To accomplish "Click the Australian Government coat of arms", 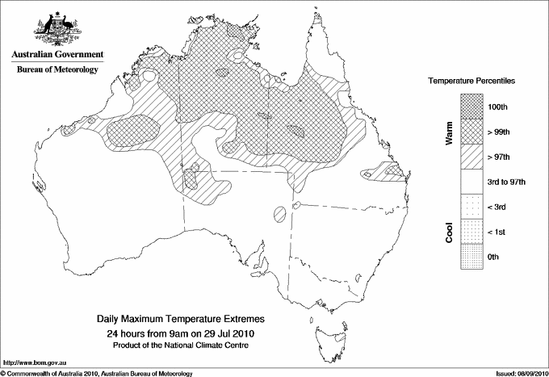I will [x=57, y=28].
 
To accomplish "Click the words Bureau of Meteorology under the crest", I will [x=57, y=70].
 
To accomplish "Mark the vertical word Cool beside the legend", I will [x=449, y=232].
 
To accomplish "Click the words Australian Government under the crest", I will [x=57, y=55].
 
